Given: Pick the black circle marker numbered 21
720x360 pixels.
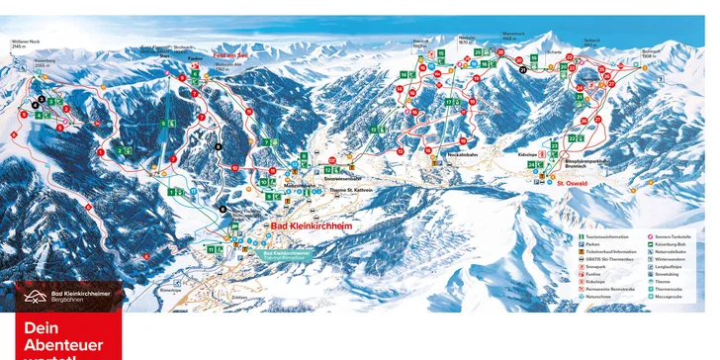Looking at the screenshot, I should tap(523, 71).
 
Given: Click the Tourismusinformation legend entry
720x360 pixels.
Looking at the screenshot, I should tap(606, 236).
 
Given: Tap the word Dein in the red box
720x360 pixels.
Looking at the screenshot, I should tap(37, 328).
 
